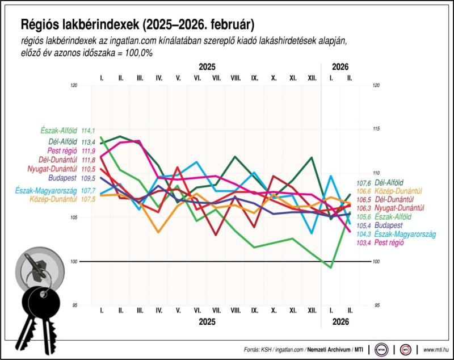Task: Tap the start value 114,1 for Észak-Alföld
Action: (x=88, y=130)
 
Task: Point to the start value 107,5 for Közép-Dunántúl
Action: (x=88, y=199)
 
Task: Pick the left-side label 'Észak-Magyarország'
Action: (x=47, y=191)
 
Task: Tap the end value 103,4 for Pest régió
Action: (x=363, y=242)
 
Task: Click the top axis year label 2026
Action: (x=339, y=66)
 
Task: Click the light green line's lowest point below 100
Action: (x=331, y=267)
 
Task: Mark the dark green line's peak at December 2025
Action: (x=312, y=157)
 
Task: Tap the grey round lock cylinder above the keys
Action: (x=36, y=267)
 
